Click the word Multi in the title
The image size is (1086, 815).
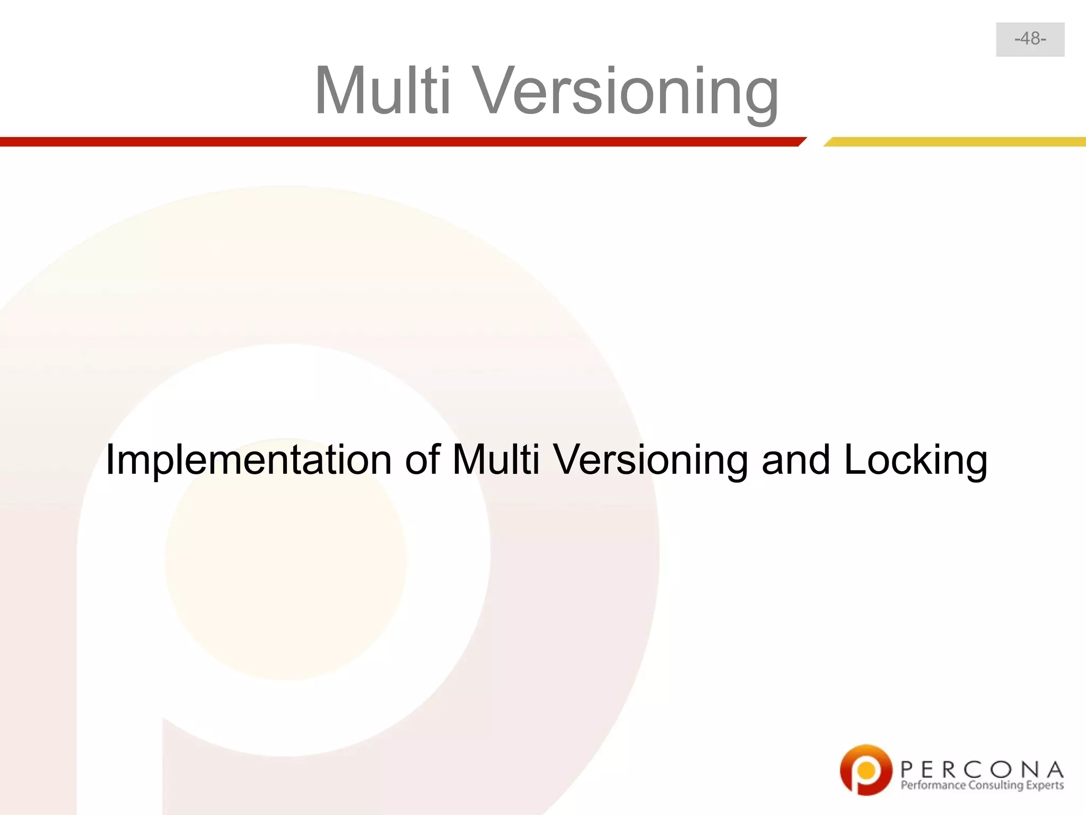tap(382, 90)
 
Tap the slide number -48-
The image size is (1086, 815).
tap(1030, 39)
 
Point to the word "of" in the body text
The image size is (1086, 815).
tap(422, 459)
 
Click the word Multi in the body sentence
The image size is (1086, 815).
tap(495, 459)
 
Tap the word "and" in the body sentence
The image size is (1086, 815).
tap(795, 459)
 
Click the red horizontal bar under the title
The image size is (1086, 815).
tap(398, 142)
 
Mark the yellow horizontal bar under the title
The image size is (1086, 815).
tap(954, 142)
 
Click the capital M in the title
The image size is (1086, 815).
tap(342, 90)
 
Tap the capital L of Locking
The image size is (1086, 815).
tap(854, 459)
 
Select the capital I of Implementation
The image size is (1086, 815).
tap(110, 459)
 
